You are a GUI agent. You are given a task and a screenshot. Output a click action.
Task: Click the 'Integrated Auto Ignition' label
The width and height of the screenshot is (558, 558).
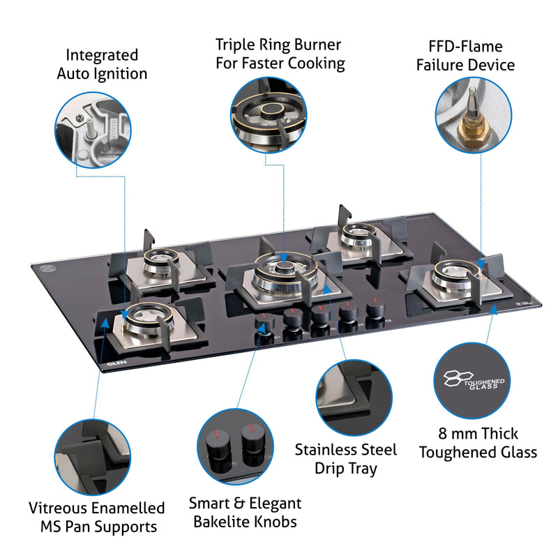(102, 64)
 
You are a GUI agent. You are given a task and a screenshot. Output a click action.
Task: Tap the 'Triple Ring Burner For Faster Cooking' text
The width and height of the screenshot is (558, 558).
(280, 54)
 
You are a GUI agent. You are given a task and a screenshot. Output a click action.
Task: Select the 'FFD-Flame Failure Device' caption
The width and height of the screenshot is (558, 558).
(465, 56)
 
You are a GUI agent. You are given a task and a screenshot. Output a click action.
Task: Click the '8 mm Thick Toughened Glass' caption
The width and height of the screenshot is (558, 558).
(478, 443)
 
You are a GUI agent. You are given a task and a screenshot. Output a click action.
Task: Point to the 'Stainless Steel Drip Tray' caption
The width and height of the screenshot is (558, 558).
(345, 458)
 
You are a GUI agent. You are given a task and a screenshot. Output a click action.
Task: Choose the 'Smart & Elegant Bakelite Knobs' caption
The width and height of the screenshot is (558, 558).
(245, 512)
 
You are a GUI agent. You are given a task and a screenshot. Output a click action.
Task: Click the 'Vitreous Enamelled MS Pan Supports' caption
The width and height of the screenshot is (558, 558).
(97, 517)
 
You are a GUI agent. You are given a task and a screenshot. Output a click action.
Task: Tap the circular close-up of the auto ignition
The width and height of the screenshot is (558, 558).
(92, 128)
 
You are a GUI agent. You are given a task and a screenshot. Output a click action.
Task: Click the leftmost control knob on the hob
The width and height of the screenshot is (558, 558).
(264, 326)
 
